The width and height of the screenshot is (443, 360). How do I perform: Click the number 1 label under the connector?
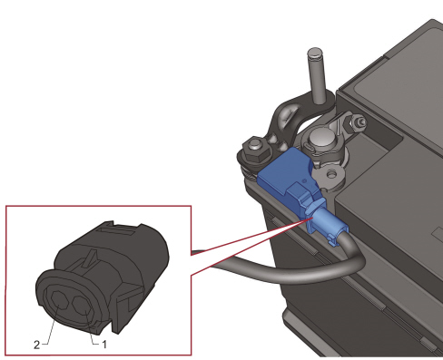pyautogui.click(x=105, y=344)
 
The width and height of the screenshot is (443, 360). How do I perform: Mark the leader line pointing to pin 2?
pyautogui.click(x=47, y=328)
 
